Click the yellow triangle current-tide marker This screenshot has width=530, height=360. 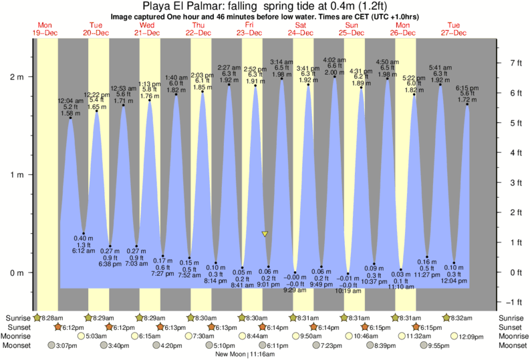265,234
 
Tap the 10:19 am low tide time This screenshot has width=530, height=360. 348,291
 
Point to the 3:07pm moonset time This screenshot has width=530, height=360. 65,345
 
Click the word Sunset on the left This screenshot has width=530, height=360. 17,327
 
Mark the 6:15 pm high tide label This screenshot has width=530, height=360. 467,87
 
